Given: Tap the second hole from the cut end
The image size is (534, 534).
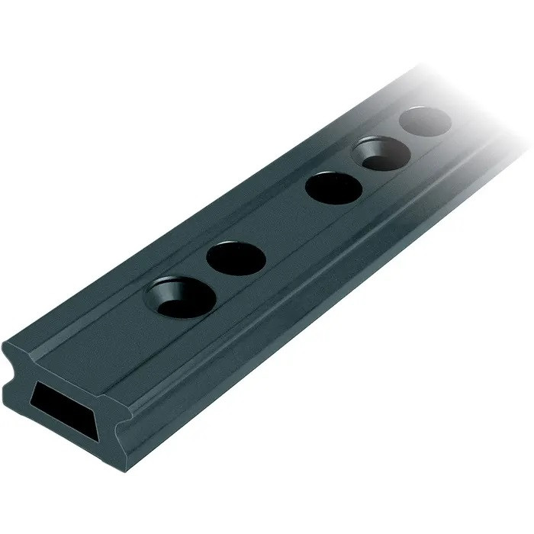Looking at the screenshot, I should click(236, 258).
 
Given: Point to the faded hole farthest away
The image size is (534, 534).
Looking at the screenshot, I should click(425, 121).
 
